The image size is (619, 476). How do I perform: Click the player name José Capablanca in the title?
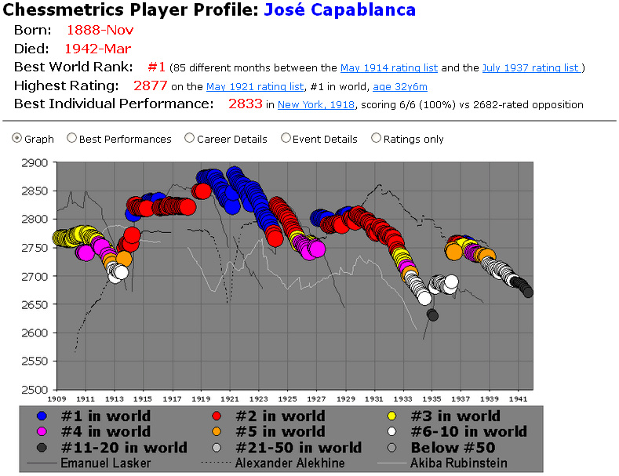[340, 10]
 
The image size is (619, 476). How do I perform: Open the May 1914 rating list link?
[389, 68]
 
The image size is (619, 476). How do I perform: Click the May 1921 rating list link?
[255, 87]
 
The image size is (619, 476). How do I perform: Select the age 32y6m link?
[400, 87]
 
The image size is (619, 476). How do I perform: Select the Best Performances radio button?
[72, 139]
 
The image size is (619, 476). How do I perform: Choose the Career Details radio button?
[189, 139]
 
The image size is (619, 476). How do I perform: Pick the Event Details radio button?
[286, 139]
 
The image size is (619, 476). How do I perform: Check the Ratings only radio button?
[377, 139]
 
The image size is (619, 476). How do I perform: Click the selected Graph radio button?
[17, 139]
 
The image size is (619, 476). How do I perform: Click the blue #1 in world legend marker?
[43, 416]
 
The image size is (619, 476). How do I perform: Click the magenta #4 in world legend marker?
[43, 432]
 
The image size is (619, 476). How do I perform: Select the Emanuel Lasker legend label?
[106, 463]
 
